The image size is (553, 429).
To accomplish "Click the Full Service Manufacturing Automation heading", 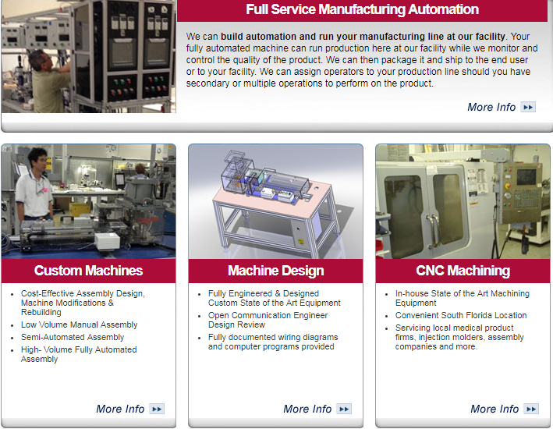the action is point(362,9).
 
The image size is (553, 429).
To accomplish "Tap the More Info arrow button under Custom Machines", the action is point(157,409).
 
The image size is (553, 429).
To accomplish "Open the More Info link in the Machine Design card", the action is point(307,409).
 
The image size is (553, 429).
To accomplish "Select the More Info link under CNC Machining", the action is point(495,409).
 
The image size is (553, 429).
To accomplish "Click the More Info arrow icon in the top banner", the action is point(528,107).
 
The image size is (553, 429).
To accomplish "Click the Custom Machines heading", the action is point(88,271).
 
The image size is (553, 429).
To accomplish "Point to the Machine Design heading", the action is point(276,271).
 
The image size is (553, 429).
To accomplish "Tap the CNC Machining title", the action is point(463,271).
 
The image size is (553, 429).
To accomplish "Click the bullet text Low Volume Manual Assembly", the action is point(79,324).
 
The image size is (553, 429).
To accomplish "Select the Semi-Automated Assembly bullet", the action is point(73,337).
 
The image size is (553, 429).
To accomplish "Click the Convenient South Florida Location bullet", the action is point(461,315).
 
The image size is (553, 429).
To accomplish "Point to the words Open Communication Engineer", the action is point(268,315).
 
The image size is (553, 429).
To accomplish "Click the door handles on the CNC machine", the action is point(434,232).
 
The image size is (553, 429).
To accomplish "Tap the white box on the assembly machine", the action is point(107,241).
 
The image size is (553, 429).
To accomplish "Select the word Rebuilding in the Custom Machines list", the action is point(41,312).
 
